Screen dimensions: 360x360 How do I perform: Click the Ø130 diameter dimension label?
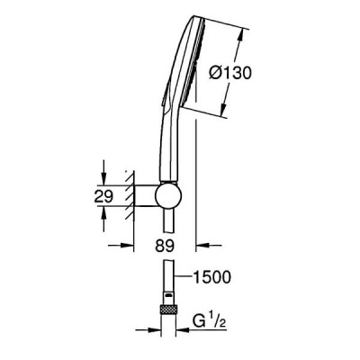pos(229,73)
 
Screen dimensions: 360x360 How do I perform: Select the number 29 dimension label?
pos(103,197)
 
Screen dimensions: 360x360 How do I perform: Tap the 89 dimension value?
pos(165,246)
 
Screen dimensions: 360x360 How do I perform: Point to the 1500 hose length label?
pos(211,277)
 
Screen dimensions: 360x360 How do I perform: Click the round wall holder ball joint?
pos(168,195)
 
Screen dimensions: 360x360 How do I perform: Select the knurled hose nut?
pos(169,310)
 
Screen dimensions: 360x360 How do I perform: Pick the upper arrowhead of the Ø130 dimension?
pos(240,35)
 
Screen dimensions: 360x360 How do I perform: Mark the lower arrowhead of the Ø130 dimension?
pos(224,110)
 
